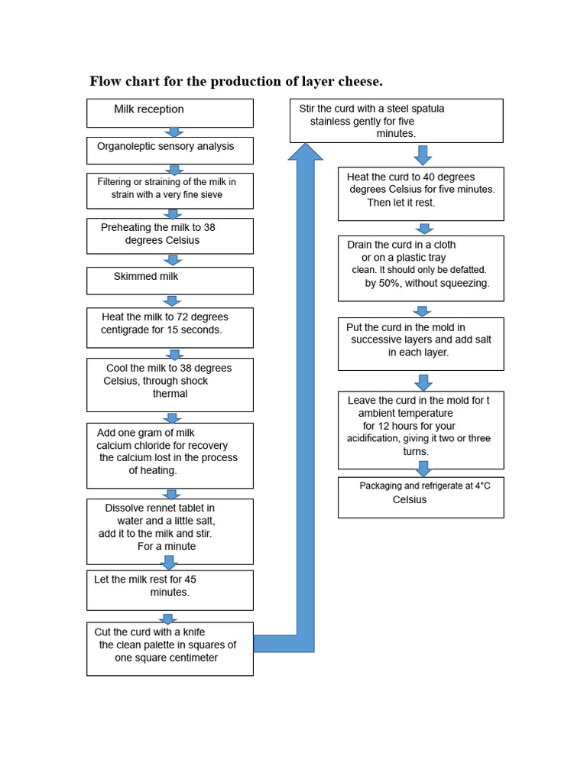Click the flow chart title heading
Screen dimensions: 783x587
(x=236, y=81)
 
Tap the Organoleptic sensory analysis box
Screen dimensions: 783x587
(x=170, y=150)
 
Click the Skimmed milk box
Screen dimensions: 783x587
(x=170, y=280)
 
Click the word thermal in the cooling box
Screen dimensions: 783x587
(x=170, y=394)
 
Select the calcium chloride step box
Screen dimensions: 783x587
(x=170, y=455)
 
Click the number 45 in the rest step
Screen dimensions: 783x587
(x=190, y=580)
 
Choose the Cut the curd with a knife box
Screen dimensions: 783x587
(x=170, y=648)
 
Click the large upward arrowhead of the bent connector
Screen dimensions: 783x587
(x=305, y=153)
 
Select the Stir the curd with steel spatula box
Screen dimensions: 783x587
(x=396, y=120)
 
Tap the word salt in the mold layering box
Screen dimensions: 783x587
(x=482, y=340)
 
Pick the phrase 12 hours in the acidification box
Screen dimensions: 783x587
(x=413, y=426)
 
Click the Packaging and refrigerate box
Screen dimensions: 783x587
(x=420, y=496)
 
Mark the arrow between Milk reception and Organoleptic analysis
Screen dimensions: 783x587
(x=174, y=133)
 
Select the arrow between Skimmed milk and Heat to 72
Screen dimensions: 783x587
(x=173, y=301)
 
